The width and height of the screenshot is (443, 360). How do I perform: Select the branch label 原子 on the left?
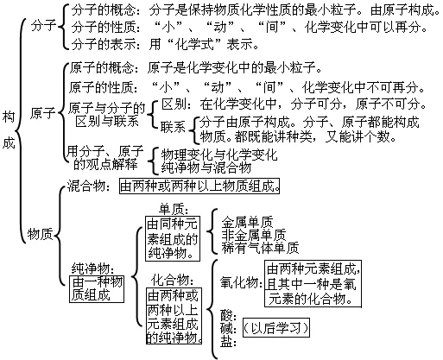point(42,113)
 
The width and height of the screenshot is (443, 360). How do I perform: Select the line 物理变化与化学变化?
point(212,153)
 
